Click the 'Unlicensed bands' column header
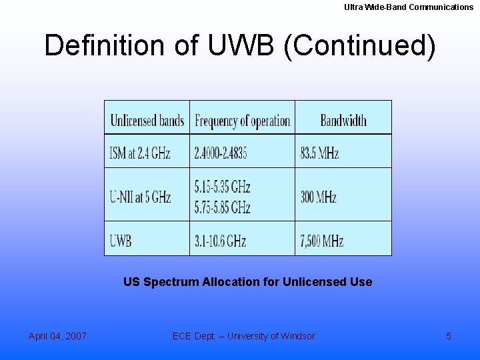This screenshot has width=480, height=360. pyautogui.click(x=147, y=121)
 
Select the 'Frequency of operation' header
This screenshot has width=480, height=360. pyautogui.click(x=242, y=121)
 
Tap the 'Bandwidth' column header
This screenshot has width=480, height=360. pyautogui.click(x=343, y=121)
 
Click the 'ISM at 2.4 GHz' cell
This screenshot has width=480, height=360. pyautogui.click(x=140, y=153)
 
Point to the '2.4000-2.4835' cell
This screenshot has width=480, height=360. pyautogui.click(x=221, y=153)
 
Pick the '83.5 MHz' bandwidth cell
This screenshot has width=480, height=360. pyautogui.click(x=319, y=153)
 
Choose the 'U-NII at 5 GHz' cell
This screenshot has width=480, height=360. pyautogui.click(x=140, y=197)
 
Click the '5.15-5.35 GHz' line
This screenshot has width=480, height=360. pyautogui.click(x=222, y=186)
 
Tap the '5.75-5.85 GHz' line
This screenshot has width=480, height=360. pyautogui.click(x=222, y=207)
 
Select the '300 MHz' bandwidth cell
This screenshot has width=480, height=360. pyautogui.click(x=318, y=197)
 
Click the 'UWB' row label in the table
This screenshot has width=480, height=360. pyautogui.click(x=121, y=241)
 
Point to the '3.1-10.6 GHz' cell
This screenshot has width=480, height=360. pyautogui.click(x=220, y=241)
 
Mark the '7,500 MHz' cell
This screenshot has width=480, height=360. pyautogui.click(x=322, y=241)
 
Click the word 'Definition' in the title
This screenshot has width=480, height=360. pyautogui.click(x=104, y=45)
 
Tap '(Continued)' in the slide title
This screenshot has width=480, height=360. pyautogui.click(x=359, y=45)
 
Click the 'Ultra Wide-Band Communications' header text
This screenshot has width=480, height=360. pyautogui.click(x=409, y=7)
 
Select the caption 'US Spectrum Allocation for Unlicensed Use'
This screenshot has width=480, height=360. pyautogui.click(x=247, y=282)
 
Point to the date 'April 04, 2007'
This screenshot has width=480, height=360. pyautogui.click(x=57, y=336)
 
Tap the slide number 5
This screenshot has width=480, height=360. pyautogui.click(x=448, y=336)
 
